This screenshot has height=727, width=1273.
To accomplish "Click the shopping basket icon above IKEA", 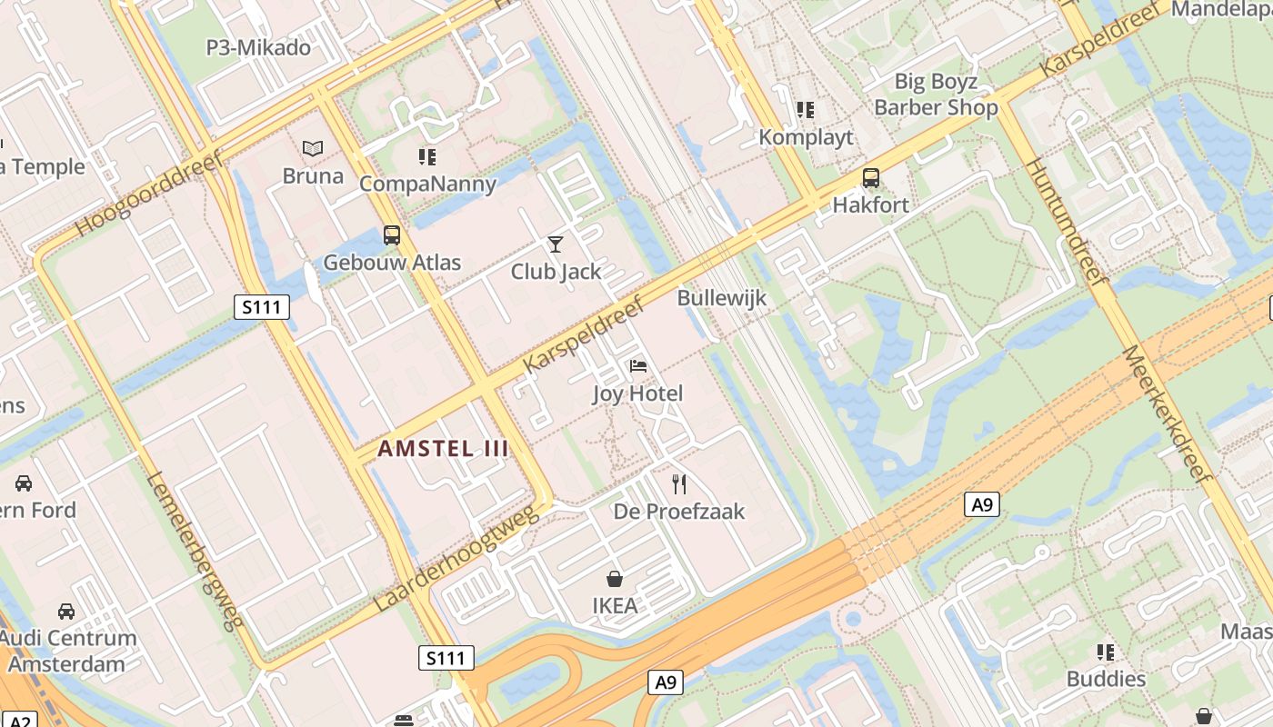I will click(x=615, y=579).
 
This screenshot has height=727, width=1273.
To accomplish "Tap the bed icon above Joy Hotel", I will click(x=638, y=366).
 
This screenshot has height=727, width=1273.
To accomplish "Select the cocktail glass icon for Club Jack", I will click(x=556, y=244).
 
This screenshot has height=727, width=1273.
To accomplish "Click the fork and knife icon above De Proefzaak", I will click(x=678, y=483).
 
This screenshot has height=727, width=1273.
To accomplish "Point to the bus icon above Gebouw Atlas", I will click(x=392, y=235).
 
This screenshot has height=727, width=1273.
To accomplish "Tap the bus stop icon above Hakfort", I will click(x=870, y=177).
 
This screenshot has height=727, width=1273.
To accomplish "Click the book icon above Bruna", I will click(x=313, y=148).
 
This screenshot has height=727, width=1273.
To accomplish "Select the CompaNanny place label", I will click(x=427, y=184).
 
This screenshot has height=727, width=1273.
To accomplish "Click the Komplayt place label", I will click(x=807, y=137).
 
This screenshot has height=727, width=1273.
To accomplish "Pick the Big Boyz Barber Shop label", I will click(x=936, y=95).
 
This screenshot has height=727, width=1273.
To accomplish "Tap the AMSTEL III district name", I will click(x=442, y=448).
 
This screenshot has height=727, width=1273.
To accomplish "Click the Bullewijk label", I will click(x=722, y=298).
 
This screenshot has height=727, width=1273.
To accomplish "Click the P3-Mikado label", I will click(x=258, y=47).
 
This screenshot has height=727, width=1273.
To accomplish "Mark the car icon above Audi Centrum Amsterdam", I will click(x=66, y=611).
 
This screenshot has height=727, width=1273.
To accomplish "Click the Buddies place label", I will click(x=1106, y=679).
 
